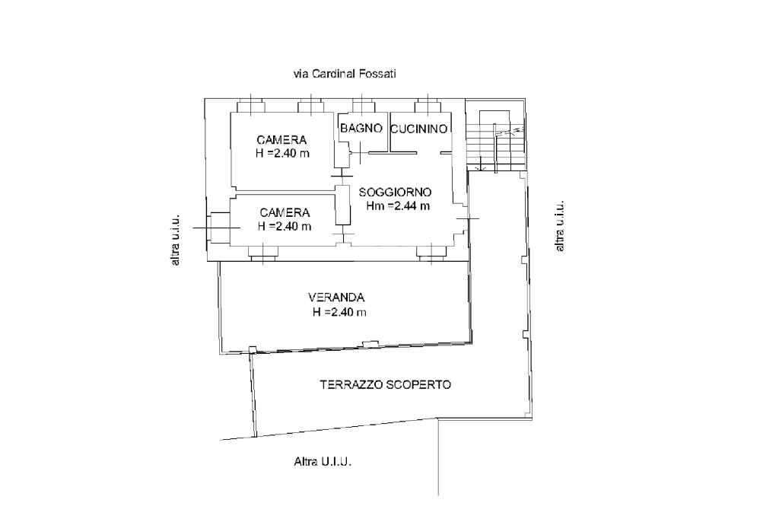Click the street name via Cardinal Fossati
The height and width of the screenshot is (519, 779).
(x=345, y=74)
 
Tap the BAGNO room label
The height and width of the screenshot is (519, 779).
(x=361, y=129)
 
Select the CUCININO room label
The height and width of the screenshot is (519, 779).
(x=418, y=129)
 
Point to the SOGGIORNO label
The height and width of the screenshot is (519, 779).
(x=396, y=193)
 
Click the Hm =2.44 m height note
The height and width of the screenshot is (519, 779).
(x=397, y=205)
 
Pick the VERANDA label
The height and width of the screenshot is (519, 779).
(x=337, y=298)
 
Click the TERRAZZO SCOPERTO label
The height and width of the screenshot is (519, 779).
(x=385, y=384)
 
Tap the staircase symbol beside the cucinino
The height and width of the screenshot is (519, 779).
(x=495, y=141)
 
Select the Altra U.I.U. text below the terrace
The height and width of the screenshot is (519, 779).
(x=323, y=461)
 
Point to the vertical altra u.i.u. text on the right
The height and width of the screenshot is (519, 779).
(x=560, y=226)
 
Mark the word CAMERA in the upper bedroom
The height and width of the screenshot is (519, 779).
(x=281, y=140)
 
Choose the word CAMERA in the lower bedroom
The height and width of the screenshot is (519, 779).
(x=284, y=212)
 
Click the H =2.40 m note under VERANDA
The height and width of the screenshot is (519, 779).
(x=339, y=312)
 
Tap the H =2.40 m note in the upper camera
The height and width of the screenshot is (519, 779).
(x=282, y=153)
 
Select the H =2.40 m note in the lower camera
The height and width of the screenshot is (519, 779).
(x=284, y=226)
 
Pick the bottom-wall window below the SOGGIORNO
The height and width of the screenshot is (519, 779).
(x=430, y=253)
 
